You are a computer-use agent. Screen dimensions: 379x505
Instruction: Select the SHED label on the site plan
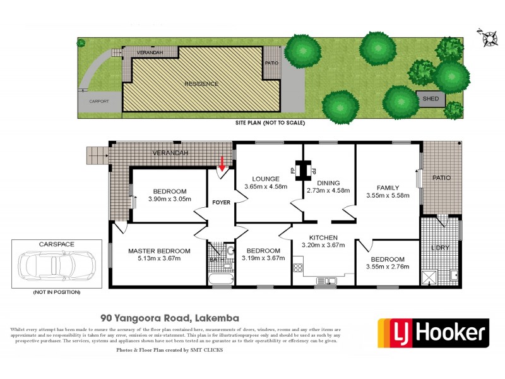431,99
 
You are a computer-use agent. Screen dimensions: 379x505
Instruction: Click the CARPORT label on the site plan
98,101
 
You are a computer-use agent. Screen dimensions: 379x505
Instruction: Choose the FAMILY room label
388,188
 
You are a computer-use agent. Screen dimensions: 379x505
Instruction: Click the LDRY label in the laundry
440,248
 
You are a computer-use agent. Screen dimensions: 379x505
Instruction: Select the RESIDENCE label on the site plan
201,83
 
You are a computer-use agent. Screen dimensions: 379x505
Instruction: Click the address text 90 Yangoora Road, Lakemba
165,319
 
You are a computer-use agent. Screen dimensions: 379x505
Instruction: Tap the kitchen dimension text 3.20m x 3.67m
324,245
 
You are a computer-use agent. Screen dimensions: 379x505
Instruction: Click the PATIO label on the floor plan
442,177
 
